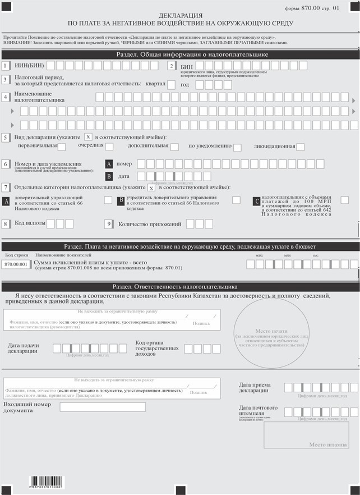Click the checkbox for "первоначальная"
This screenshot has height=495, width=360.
(62, 147)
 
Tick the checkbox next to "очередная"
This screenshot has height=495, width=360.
(109, 147)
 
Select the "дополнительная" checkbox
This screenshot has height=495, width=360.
(174, 147)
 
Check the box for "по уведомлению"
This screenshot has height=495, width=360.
(237, 147)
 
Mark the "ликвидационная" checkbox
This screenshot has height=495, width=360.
(301, 147)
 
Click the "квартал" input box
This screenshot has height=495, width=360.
(172, 85)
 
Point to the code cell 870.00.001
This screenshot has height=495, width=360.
(16, 264)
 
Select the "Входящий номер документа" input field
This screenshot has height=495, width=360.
(103, 407)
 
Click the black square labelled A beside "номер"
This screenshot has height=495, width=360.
(109, 164)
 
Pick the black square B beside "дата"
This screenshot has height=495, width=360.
(109, 176)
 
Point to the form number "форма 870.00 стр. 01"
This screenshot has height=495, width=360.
(320, 8)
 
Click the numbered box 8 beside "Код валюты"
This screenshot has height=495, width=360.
(6, 224)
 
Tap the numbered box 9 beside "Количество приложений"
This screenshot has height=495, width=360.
(109, 224)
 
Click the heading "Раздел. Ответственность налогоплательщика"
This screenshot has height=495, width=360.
(180, 287)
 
